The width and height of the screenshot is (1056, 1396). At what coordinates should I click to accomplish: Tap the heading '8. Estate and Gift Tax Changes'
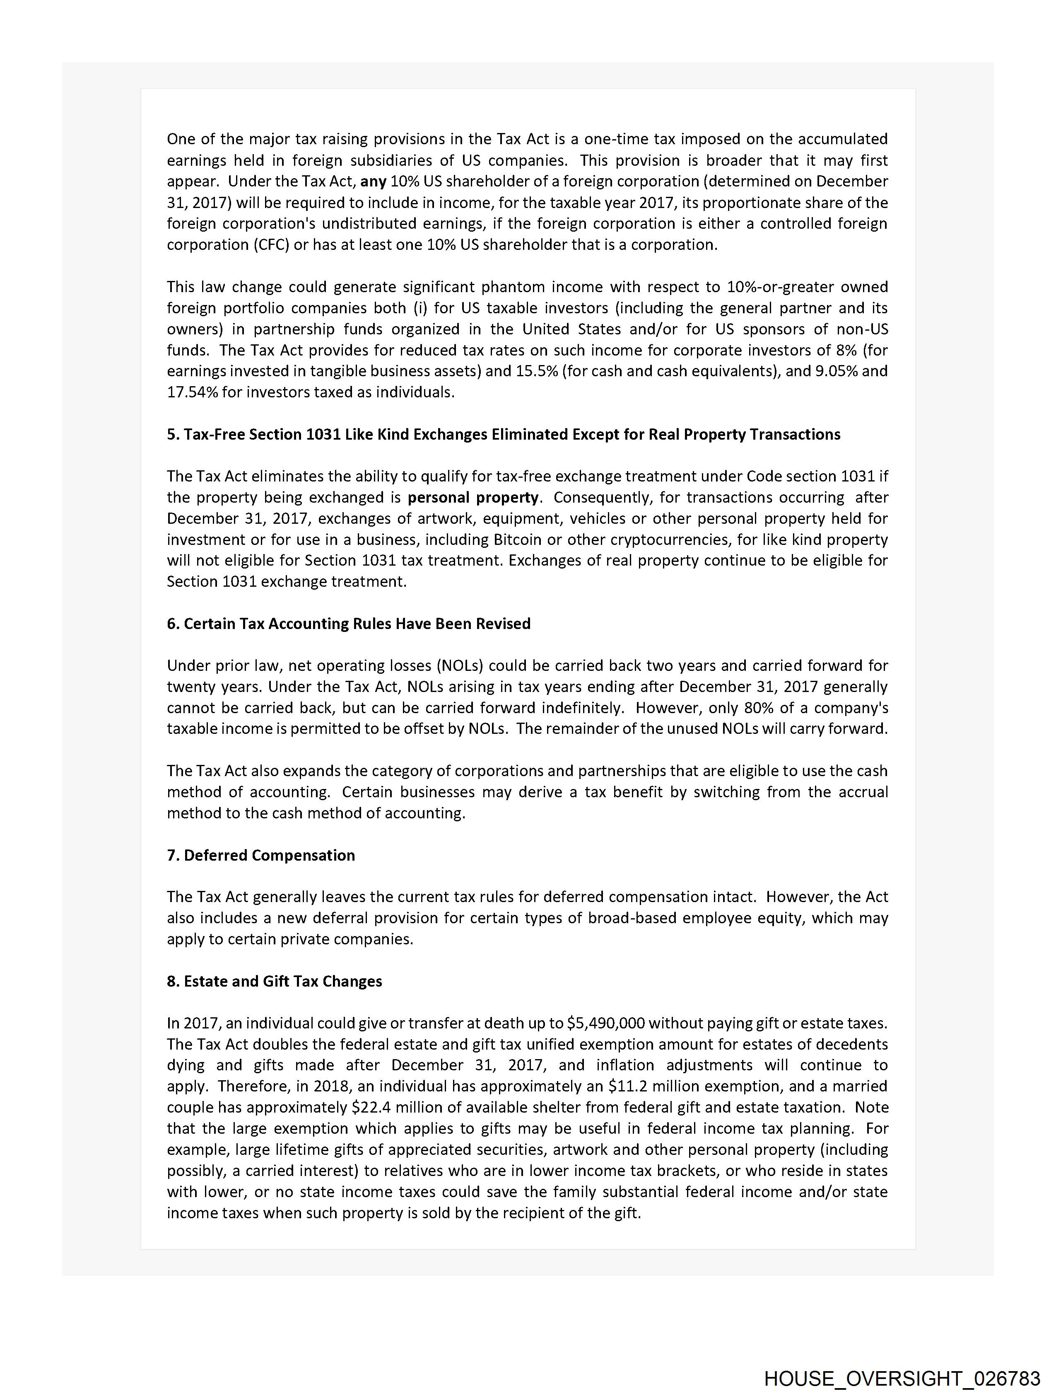pyautogui.click(x=275, y=981)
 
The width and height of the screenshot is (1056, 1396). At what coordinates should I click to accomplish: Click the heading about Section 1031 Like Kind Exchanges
pyautogui.click(x=504, y=434)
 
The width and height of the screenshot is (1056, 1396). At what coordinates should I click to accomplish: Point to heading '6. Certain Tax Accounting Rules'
pyautogui.click(x=348, y=624)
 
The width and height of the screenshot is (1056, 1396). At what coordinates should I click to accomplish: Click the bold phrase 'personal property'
pyautogui.click(x=473, y=497)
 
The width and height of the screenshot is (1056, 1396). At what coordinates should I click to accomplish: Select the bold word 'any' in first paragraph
pyautogui.click(x=373, y=181)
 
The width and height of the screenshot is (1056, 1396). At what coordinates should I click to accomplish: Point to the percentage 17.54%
pyautogui.click(x=192, y=392)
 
